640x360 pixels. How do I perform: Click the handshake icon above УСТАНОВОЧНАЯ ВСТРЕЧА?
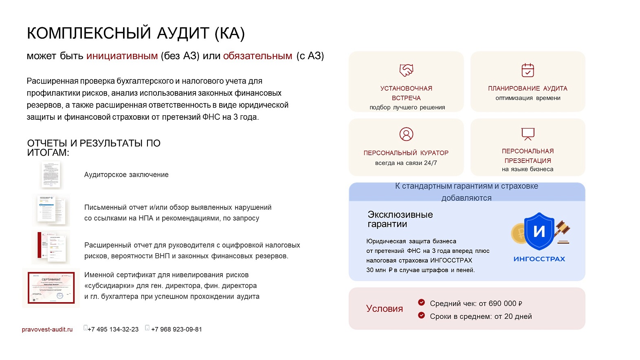point(406,70)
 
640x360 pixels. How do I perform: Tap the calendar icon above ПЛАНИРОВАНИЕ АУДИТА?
point(528,70)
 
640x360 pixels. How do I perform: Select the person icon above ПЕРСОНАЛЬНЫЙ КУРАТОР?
point(406,134)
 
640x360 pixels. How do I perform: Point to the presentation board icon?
point(528,134)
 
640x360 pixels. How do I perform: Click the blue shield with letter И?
point(539,231)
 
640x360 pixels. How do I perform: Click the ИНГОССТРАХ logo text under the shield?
point(539,259)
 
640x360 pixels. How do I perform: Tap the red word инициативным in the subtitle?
point(122,56)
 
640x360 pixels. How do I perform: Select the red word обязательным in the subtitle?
point(257,56)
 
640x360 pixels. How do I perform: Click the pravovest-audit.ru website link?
point(47,329)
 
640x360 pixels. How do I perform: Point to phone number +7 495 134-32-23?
point(113,329)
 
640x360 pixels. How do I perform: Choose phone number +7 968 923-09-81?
point(176,329)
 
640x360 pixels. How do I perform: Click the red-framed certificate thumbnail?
point(51,288)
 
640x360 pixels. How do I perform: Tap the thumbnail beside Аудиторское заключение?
point(51,175)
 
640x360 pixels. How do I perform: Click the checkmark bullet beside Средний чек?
point(421,302)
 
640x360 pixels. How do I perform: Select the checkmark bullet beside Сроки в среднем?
point(421,315)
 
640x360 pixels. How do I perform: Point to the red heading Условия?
point(384,309)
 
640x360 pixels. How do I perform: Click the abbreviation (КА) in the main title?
point(230,33)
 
